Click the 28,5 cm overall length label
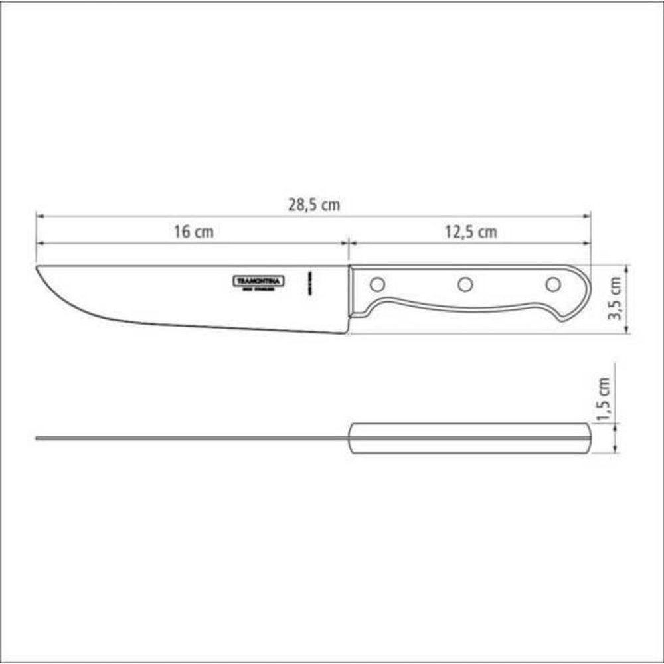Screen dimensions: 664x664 click(x=314, y=205)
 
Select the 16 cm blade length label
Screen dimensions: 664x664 click(x=194, y=232)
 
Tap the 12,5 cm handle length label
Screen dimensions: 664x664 click(x=470, y=232)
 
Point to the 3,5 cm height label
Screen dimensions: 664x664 click(x=617, y=299)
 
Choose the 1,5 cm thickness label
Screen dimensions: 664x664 click(x=604, y=400)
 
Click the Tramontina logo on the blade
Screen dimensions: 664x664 click(x=258, y=281)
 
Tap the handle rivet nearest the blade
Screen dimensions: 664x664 click(x=377, y=284)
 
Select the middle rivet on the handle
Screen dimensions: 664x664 click(x=465, y=284)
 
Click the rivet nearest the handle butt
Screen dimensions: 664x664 click(x=552, y=284)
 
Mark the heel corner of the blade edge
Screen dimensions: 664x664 click(x=347, y=331)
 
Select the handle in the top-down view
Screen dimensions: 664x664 click(x=468, y=438)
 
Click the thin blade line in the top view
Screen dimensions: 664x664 click(x=193, y=438)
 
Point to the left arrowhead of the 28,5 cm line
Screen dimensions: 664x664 click(x=39, y=216)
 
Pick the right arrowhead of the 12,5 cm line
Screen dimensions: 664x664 click(x=588, y=243)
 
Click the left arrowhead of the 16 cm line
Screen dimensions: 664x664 click(x=39, y=243)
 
